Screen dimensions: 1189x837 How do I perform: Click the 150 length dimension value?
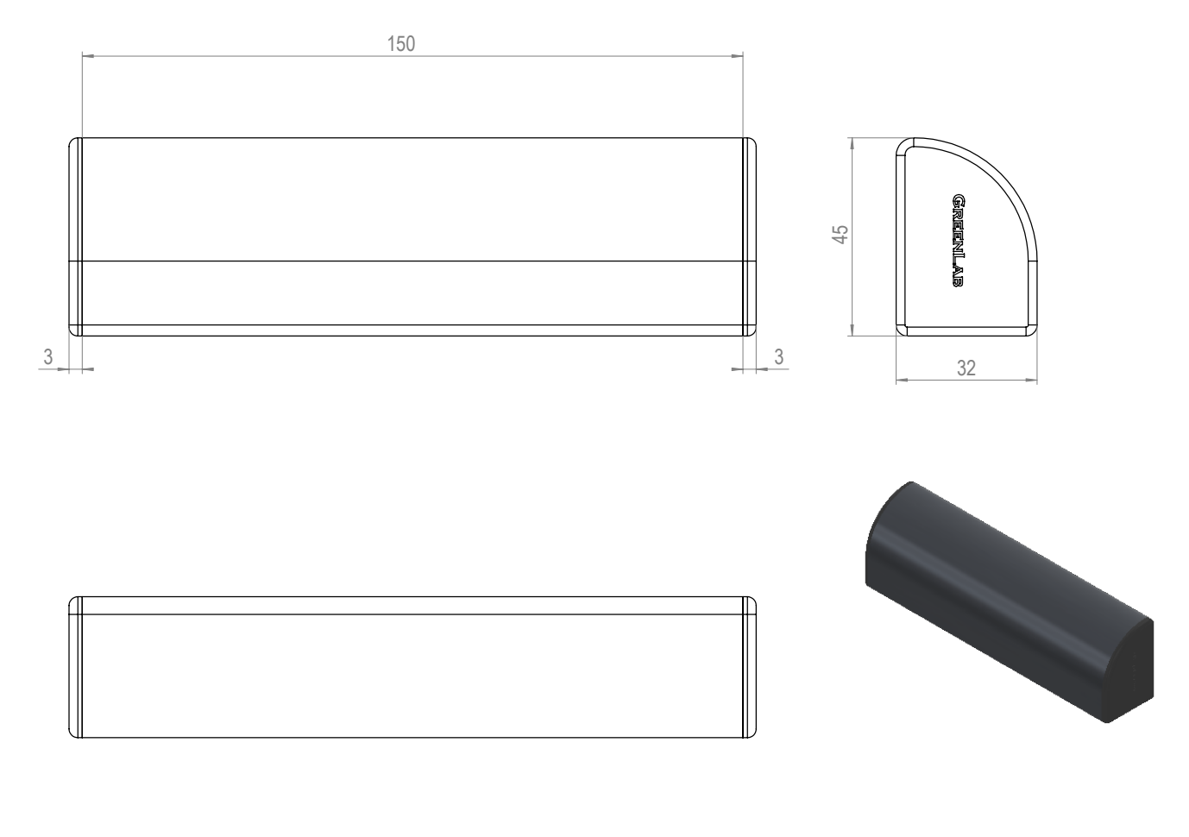(x=400, y=43)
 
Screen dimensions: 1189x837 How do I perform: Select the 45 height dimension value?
(x=840, y=234)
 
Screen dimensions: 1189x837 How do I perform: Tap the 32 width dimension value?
(x=966, y=368)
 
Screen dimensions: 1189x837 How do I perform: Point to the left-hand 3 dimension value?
(x=48, y=356)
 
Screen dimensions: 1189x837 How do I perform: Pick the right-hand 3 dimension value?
(x=778, y=356)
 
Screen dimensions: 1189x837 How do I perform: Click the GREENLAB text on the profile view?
(x=958, y=241)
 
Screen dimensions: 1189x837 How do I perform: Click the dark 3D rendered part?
(x=1009, y=601)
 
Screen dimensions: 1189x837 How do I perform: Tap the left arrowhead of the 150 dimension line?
(x=88, y=56)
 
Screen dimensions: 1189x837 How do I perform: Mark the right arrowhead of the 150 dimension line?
(x=737, y=56)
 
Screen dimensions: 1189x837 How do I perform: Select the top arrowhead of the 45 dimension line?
(x=852, y=144)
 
